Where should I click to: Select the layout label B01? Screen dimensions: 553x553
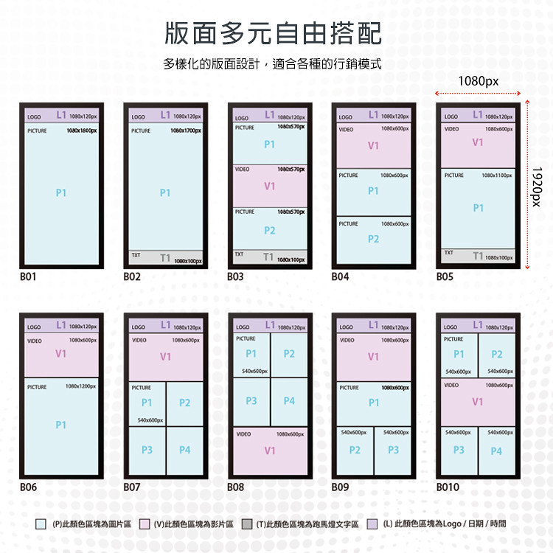coord(29,277)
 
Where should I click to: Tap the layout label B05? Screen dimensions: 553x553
coord(445,277)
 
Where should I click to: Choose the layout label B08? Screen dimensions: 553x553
coord(236,487)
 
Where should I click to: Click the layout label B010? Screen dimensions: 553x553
coord(448,487)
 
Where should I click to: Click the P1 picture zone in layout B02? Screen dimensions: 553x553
coord(165,192)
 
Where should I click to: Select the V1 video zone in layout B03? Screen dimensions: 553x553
coord(269,187)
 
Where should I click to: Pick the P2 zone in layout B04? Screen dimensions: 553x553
coord(373,239)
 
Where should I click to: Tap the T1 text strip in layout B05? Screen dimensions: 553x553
coord(479,257)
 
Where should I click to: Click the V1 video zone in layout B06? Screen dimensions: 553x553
coord(61,354)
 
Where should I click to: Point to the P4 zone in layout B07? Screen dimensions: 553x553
coord(184,450)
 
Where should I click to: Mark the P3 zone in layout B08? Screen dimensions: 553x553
coord(251,401)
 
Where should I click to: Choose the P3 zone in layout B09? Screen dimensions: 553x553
coord(393,450)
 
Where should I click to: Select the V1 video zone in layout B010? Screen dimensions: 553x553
coord(478,402)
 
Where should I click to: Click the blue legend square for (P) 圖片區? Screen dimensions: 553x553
coord(41,524)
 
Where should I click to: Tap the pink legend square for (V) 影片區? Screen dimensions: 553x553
coord(145,524)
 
